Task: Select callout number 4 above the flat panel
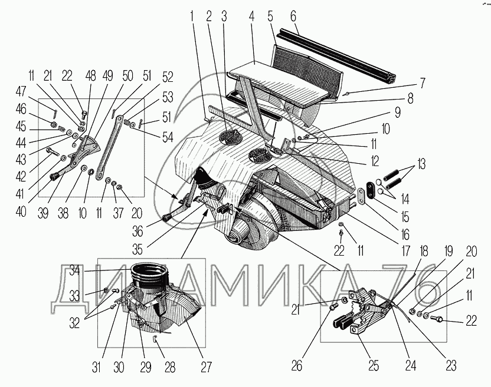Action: point(252,14)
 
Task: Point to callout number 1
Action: point(192,14)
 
